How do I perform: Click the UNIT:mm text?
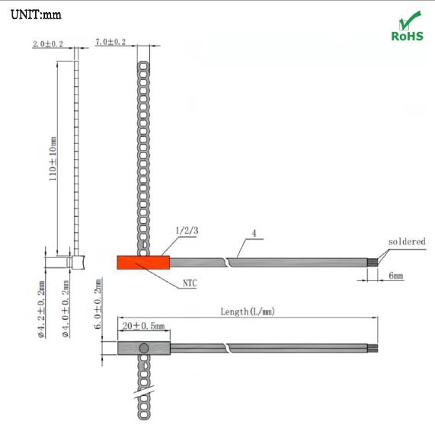click(x=36, y=14)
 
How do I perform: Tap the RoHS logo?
click(x=408, y=26)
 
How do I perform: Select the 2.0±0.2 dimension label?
click(x=48, y=44)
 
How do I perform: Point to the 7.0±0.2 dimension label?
click(x=110, y=42)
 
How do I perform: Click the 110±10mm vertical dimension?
click(x=53, y=159)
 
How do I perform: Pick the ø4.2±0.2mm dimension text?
click(x=41, y=309)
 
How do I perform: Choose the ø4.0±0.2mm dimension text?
click(x=66, y=309)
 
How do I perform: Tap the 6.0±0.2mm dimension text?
click(x=98, y=305)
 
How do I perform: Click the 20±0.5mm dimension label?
click(x=144, y=326)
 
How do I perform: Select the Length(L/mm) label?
click(x=248, y=311)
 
